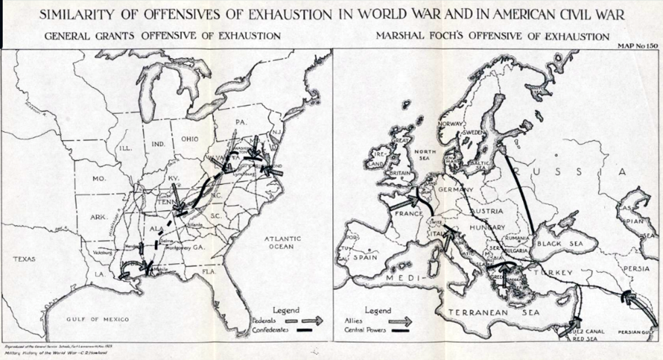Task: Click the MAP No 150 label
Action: pyautogui.click(x=636, y=45)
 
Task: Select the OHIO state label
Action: pyautogui.click(x=190, y=139)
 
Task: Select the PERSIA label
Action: pyautogui.click(x=635, y=268)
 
